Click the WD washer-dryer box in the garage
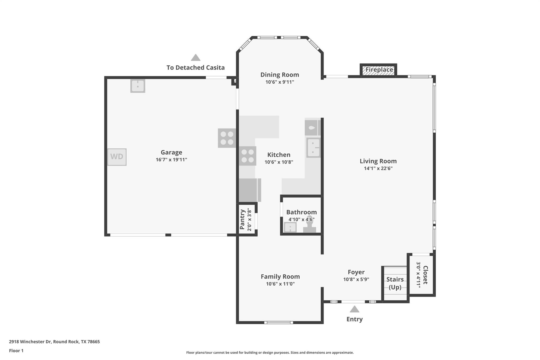pyautogui.click(x=117, y=157)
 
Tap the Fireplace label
pyautogui.click(x=379, y=70)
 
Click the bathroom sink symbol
pyautogui.click(x=290, y=227)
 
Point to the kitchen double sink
pyautogui.click(x=314, y=148)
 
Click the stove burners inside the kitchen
pyautogui.click(x=248, y=156)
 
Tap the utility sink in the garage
pyautogui.click(x=138, y=86)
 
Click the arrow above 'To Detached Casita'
pyautogui.click(x=195, y=57)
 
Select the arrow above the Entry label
pyautogui.click(x=354, y=309)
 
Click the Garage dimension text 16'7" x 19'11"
pyautogui.click(x=171, y=160)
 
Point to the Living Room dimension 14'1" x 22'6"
pyautogui.click(x=378, y=168)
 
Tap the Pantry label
pyautogui.click(x=242, y=219)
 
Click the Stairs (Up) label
pyautogui.click(x=395, y=283)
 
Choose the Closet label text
pyautogui.click(x=425, y=275)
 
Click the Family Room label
pyautogui.click(x=280, y=276)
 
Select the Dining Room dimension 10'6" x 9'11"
pyautogui.click(x=279, y=82)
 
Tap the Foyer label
pyautogui.click(x=356, y=272)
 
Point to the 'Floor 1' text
pyautogui.click(x=16, y=351)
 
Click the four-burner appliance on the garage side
pyautogui.click(x=227, y=138)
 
